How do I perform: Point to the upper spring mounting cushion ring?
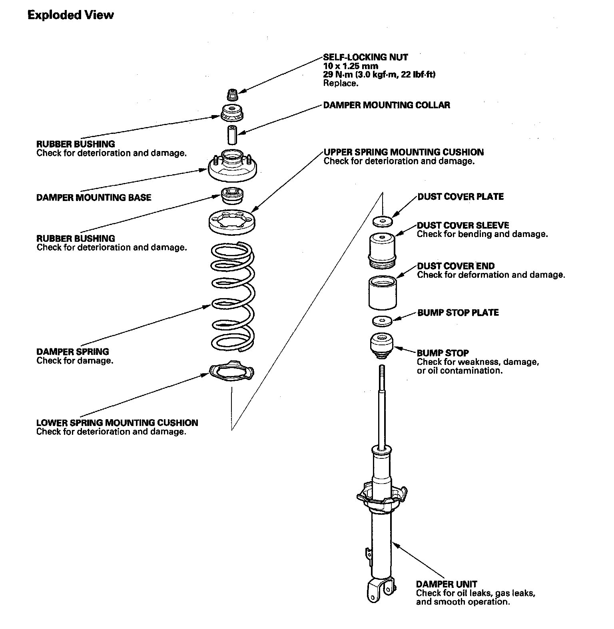232,222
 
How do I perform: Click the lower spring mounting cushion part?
231,372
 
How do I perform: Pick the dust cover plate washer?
382,221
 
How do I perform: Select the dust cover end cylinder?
382,293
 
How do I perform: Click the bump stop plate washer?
382,320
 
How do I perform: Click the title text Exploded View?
71,15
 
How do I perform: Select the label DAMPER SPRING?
73,352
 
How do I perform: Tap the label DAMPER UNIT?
447,584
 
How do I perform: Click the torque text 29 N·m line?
379,74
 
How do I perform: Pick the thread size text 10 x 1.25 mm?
351,66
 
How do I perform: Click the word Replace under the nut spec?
340,83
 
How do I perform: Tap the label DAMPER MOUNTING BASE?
94,197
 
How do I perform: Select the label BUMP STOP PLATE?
458,313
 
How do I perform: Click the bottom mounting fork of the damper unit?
380,591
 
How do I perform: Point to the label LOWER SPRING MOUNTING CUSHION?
117,423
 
